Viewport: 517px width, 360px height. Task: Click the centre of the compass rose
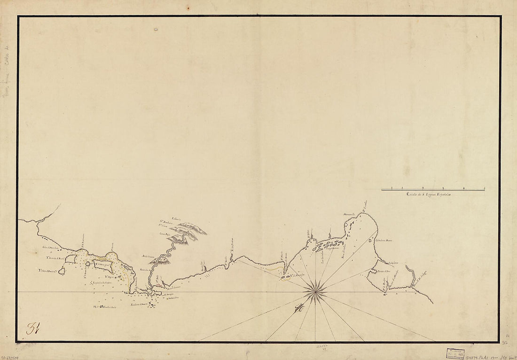315,292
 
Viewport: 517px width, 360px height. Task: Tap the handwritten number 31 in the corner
32,328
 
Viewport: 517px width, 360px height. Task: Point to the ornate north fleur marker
298,309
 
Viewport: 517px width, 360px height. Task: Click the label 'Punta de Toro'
384,271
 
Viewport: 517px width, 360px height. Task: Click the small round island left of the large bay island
62,271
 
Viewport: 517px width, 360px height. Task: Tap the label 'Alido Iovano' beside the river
149,256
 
